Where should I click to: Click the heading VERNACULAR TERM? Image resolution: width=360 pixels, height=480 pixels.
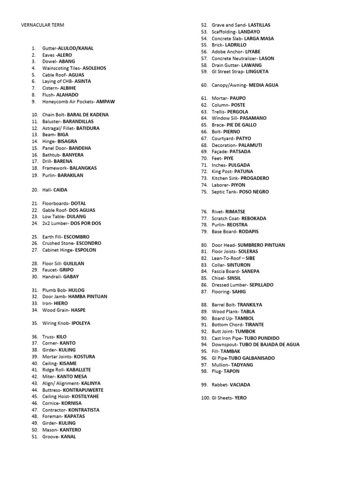pos(44,25)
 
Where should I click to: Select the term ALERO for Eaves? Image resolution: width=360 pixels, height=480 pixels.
pos(65,55)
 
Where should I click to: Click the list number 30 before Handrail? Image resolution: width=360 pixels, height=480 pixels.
pos(35,277)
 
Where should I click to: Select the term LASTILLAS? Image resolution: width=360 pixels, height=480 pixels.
pos(259,25)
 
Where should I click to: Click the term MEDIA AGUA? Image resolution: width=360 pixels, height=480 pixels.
pos(263,85)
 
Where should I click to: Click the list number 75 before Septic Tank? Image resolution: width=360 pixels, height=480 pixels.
pos(204,192)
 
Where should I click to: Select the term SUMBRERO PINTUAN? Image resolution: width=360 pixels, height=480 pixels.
pos(261,245)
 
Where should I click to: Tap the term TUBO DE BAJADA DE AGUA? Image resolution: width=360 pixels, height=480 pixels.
pos(270,345)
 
